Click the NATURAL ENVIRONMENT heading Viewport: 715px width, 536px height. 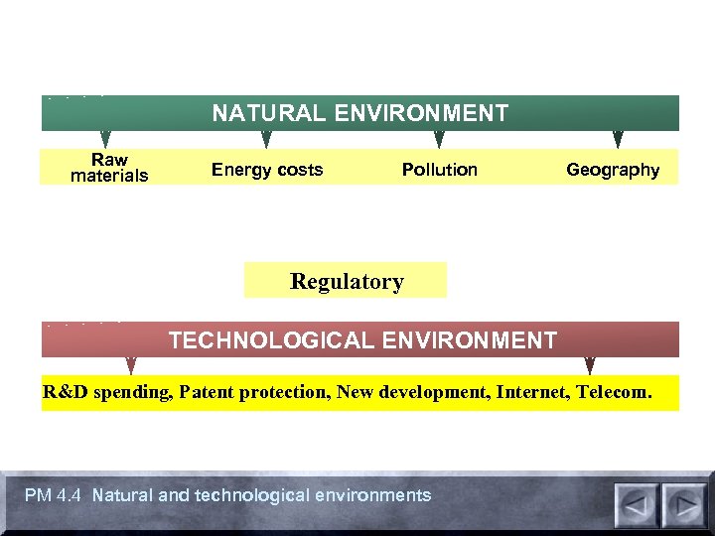[x=359, y=113]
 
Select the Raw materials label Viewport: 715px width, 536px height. [x=109, y=168]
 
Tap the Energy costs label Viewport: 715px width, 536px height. [x=267, y=170]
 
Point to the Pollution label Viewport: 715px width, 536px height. [x=439, y=170]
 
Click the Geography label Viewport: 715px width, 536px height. [x=613, y=170]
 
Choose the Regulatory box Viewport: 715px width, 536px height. [x=346, y=281]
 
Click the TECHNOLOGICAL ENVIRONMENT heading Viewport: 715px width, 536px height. [x=362, y=340]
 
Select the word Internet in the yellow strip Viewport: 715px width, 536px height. [x=537, y=392]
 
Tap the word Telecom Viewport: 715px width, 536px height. [x=618, y=392]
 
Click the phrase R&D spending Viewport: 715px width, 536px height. [x=107, y=392]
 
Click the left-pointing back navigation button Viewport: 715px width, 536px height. [x=636, y=504]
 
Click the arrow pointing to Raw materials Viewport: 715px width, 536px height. [x=105, y=139]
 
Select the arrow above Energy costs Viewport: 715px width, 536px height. [x=265, y=139]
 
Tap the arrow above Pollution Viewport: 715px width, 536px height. [x=438, y=139]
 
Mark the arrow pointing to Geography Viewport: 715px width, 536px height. [x=618, y=139]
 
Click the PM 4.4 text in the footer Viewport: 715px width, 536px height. [x=55, y=495]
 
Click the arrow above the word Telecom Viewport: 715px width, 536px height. [x=590, y=365]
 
